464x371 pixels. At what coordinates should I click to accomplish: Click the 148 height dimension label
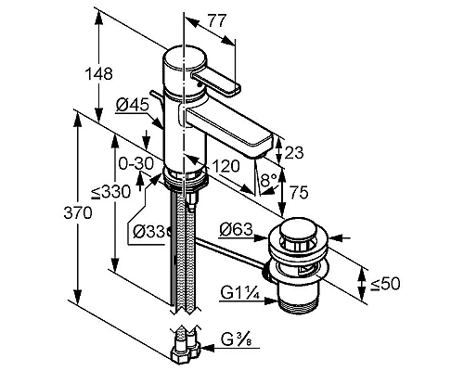coord(99,74)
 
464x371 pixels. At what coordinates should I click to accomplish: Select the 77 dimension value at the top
coord(217,20)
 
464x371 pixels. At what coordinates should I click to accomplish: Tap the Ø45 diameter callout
coord(133,105)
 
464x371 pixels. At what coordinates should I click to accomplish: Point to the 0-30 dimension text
coord(136,163)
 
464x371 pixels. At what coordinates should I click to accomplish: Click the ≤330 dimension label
coord(111,192)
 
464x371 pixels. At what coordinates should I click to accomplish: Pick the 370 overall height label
coord(78,212)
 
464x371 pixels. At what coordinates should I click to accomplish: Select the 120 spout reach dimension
coord(226,166)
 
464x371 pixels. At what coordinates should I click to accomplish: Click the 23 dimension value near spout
coord(294,152)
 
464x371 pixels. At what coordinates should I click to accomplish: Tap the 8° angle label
coord(268,180)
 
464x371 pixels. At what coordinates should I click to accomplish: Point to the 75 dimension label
coord(299,193)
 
